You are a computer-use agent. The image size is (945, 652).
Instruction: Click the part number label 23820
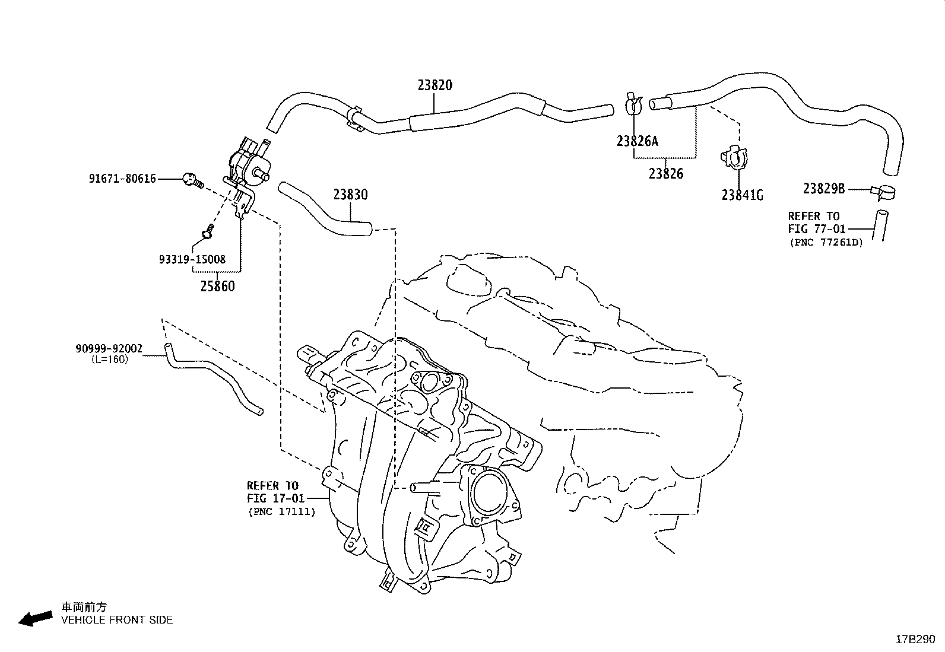tap(435, 85)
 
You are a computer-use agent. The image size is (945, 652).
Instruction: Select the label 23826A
tap(637, 141)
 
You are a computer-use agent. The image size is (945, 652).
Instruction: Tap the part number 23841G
tap(742, 195)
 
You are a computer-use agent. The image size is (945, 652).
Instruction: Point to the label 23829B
tap(823, 189)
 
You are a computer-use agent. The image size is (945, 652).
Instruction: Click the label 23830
tap(350, 195)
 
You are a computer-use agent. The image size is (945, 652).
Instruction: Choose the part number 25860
tap(217, 287)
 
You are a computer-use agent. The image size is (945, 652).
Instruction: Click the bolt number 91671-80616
tap(123, 178)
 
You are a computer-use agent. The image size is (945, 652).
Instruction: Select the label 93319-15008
tap(192, 260)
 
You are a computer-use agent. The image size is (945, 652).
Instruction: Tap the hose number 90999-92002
tap(109, 349)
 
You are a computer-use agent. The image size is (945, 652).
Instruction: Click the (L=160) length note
tap(109, 360)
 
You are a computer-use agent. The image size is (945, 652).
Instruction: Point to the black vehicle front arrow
tap(35, 618)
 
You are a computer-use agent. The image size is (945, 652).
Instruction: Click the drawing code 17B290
tap(915, 640)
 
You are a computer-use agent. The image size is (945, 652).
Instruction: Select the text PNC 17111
tap(281, 511)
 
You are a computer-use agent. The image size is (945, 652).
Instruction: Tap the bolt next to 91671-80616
tap(191, 178)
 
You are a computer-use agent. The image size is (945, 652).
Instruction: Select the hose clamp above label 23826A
tap(633, 104)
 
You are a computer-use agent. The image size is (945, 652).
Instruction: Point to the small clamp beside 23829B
tap(884, 192)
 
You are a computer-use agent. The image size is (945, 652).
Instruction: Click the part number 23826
tap(665, 174)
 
